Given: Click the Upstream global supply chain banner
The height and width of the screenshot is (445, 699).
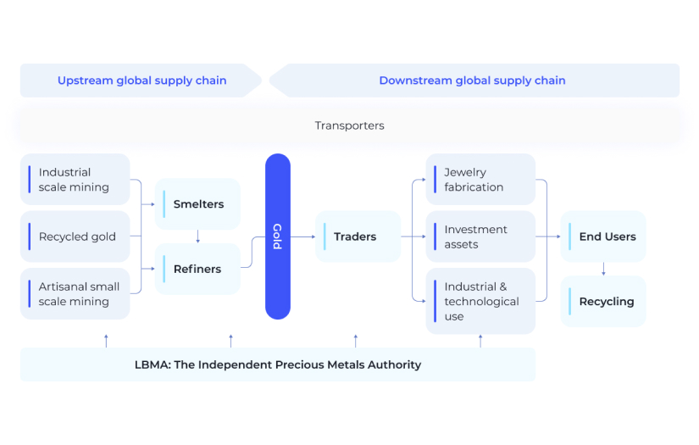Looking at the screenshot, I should pos(141,81).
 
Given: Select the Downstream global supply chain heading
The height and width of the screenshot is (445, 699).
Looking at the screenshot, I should pos(472,81).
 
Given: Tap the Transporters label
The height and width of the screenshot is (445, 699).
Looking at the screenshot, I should pos(349,125).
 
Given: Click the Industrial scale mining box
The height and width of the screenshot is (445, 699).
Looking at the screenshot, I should pos(75,180).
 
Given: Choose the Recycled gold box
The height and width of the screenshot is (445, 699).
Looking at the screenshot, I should pos(75,236).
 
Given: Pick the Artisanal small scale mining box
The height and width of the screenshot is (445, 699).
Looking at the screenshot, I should pos(75,294).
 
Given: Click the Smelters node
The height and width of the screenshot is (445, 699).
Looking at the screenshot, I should pos(197,204).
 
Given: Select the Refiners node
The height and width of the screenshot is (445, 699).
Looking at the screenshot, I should pos(197,269).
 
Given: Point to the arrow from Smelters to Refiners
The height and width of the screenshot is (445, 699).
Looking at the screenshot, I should pos(197,236).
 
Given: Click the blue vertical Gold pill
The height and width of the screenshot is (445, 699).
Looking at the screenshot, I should pos(277,236).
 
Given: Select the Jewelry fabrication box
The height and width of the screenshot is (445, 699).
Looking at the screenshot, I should pos(480,180).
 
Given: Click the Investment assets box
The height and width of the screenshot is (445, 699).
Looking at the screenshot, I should pos(480,236).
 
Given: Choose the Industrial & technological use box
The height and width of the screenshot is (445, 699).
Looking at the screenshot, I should pos(480,301).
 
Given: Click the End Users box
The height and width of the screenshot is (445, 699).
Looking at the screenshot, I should pos(603,236).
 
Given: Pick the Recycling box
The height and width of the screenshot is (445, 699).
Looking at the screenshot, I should pos(603,301).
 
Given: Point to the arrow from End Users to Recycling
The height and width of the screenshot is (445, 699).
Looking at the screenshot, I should pos(603,269).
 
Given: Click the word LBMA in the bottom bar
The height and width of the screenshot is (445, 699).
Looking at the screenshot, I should pos(151,364).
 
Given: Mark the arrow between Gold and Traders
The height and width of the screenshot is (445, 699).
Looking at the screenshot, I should pos(303,236).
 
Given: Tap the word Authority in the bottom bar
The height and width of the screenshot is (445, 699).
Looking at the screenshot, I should pos(392,364).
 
